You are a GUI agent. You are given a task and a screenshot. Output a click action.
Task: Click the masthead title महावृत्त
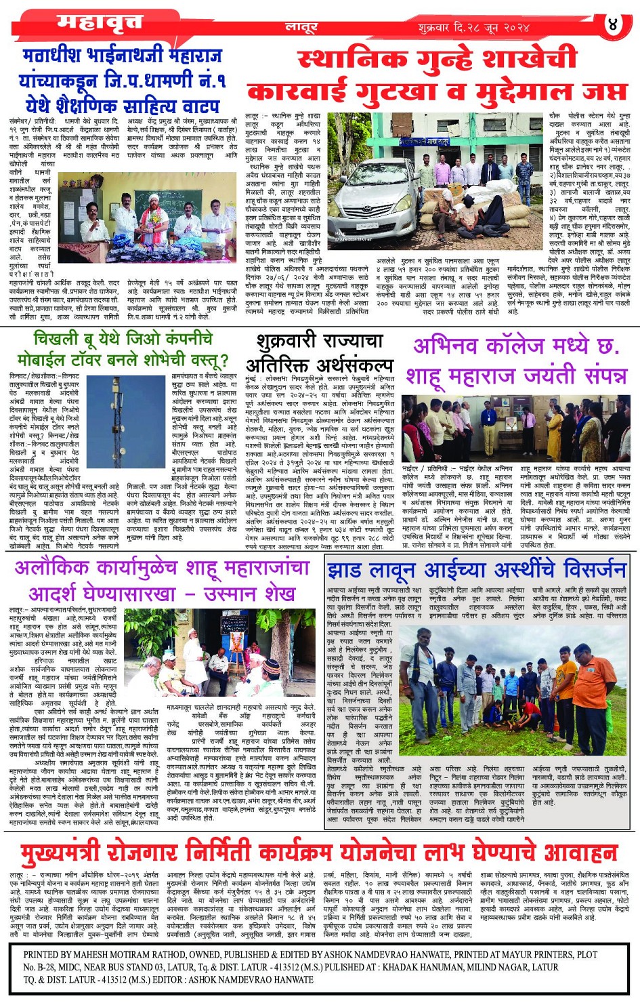(100, 23)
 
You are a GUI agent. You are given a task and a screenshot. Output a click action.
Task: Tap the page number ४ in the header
(613, 25)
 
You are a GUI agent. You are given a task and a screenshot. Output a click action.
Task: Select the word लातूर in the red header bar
(301, 27)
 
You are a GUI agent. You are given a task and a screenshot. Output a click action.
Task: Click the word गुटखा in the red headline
(410, 91)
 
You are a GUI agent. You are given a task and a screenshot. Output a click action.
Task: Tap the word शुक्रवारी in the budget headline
(293, 340)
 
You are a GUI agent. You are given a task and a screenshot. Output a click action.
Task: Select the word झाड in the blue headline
(346, 570)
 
